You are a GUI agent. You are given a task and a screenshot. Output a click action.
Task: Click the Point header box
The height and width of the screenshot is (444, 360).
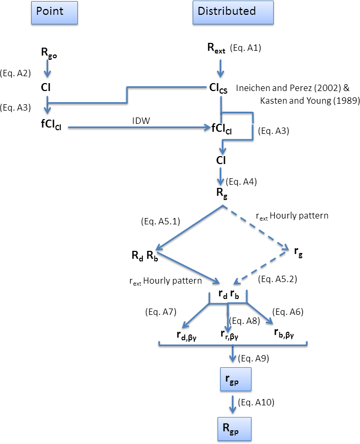coord(54,13)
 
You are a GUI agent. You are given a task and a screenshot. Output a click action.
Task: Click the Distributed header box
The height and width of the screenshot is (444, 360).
coord(233,13)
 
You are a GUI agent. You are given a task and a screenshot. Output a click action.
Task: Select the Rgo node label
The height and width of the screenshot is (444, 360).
coord(48,52)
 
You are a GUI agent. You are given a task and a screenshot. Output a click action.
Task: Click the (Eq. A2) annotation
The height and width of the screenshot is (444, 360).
coord(17,73)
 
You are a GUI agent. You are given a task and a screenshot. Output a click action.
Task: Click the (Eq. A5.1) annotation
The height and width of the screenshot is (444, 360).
coord(160,221)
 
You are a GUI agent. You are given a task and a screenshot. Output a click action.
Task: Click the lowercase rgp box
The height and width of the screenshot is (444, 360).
coord(232,380)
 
